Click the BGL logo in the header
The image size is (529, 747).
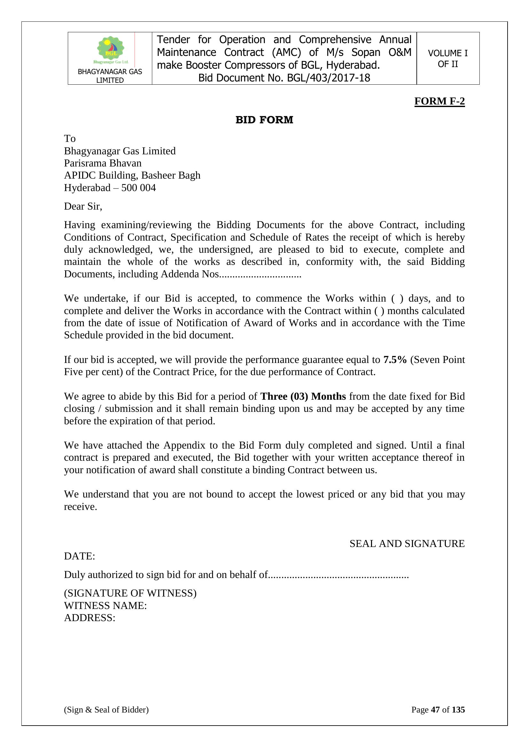[x=111, y=50]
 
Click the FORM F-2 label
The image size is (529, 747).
[x=439, y=101]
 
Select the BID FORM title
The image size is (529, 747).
[x=264, y=120]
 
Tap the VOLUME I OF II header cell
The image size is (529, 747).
[x=447, y=58]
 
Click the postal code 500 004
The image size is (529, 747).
[x=138, y=188]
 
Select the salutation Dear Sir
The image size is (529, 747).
[x=83, y=206]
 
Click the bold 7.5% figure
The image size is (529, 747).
[x=395, y=359]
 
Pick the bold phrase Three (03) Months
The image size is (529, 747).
[x=303, y=396]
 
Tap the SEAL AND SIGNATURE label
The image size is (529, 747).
[x=407, y=544]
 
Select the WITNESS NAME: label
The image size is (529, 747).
[x=105, y=605]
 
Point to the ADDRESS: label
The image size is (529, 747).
[x=90, y=618]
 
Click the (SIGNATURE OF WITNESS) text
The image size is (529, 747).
[x=130, y=593]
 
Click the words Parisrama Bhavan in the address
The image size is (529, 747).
[x=103, y=163]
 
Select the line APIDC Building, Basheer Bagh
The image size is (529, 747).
[x=132, y=175]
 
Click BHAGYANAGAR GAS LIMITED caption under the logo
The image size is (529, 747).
[x=110, y=76]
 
